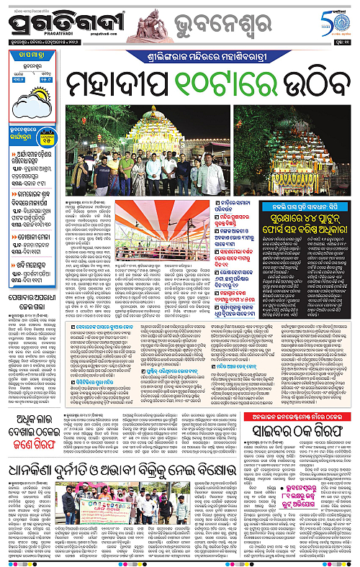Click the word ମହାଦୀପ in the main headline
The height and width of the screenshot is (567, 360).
point(115,84)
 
